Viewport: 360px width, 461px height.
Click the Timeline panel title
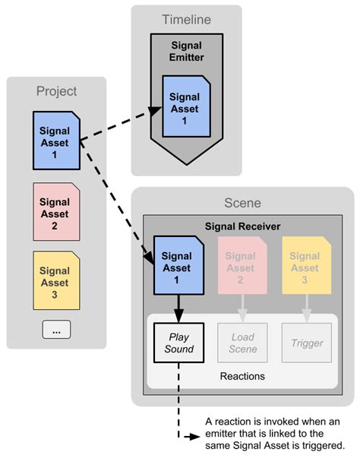187,20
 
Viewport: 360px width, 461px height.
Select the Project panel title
57,91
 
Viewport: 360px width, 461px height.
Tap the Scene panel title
243,204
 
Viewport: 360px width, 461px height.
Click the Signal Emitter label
187,50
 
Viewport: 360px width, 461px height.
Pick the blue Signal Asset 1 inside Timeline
185,109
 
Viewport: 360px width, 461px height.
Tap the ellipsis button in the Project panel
56,329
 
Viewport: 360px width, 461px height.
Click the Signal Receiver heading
243,226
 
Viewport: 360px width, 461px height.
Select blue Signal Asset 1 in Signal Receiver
178,267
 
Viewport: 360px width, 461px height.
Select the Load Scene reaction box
242,343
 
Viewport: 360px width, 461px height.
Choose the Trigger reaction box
307,343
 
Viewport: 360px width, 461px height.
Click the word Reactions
242,376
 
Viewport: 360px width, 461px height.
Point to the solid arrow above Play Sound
178,308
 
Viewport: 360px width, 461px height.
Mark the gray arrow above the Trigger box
307,308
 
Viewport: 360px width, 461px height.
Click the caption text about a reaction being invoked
273,433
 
